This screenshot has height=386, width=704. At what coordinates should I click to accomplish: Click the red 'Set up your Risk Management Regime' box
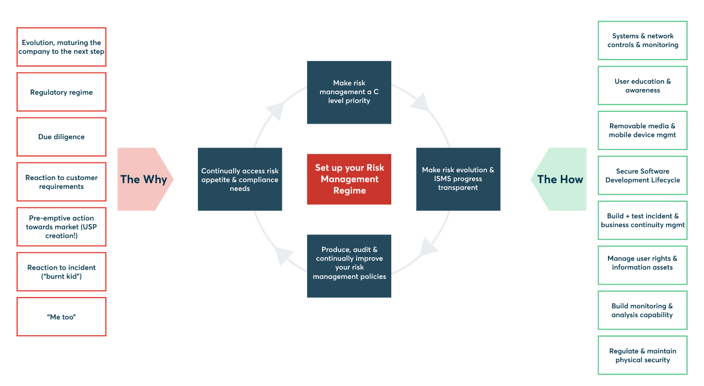click(349, 179)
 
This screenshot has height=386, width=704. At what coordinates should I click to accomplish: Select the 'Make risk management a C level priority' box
click(349, 92)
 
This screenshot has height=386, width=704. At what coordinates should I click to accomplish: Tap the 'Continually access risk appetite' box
click(240, 179)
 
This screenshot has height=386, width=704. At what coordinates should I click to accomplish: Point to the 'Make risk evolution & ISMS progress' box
click(458, 179)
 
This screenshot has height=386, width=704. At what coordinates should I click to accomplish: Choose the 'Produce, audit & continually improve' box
click(349, 265)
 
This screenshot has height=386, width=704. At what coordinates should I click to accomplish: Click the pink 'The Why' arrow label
click(144, 179)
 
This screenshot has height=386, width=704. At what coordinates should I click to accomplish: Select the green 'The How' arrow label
click(560, 179)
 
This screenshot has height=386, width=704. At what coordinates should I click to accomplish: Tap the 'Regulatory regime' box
click(62, 92)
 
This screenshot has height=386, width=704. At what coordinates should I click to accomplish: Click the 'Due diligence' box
click(62, 137)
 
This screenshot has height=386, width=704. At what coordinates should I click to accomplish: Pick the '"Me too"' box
click(62, 317)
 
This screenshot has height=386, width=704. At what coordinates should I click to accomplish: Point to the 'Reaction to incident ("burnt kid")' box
click(62, 272)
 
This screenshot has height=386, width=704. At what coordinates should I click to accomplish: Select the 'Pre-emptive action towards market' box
click(62, 227)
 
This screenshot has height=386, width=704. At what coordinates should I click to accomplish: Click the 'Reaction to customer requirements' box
click(62, 182)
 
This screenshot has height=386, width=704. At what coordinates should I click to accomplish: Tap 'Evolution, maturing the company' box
click(62, 47)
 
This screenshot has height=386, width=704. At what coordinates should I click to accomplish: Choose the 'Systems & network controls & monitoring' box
click(642, 40)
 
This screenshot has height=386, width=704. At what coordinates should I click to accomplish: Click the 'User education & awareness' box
click(642, 85)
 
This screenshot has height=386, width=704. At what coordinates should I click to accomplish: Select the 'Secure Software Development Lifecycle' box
click(642, 175)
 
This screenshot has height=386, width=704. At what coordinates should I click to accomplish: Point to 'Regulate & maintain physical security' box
click(642, 355)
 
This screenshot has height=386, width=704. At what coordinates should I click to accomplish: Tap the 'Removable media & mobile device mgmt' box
click(642, 130)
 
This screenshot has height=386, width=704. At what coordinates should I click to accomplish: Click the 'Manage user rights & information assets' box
click(642, 263)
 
